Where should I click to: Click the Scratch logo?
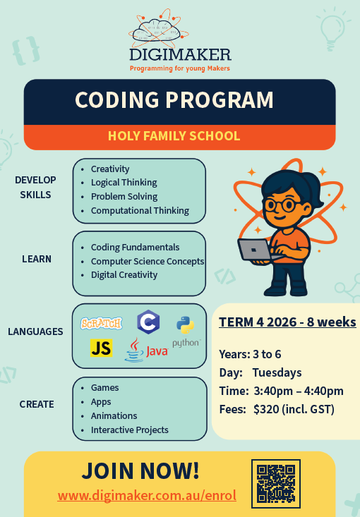[x=102, y=323]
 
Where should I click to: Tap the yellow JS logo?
[x=102, y=348]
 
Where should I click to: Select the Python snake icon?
[x=186, y=324]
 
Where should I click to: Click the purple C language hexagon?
[x=148, y=322]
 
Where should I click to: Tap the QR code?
[x=276, y=484]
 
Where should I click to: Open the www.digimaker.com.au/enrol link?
[x=147, y=495]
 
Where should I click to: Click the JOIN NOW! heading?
[x=140, y=470]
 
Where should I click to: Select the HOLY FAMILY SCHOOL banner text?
[x=174, y=136]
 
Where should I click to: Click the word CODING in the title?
[x=117, y=99]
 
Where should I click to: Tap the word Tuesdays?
[x=277, y=372]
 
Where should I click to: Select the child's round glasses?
[x=280, y=205]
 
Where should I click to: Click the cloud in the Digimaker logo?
[x=159, y=30]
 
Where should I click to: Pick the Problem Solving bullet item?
[x=124, y=197]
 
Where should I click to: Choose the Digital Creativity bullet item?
[x=124, y=274]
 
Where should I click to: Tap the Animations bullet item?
[x=114, y=415]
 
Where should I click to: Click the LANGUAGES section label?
[x=35, y=332]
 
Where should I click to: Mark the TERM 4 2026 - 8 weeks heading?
[x=287, y=322]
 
